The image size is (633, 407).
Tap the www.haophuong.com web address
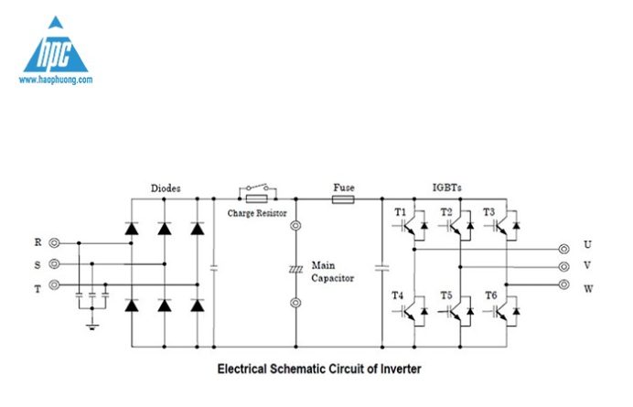(56, 80)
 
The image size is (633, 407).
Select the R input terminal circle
(54, 243)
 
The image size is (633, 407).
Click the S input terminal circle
(54, 264)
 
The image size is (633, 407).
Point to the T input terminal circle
(54, 284)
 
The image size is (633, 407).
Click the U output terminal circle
(564, 249)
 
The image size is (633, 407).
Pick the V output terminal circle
(564, 267)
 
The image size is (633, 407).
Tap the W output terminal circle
(564, 284)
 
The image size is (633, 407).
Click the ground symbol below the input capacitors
(92, 327)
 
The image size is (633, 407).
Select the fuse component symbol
(343, 199)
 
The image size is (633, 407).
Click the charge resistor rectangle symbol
(257, 199)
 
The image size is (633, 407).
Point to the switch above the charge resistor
(258, 187)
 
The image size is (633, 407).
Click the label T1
(400, 212)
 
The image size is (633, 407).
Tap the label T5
(446, 295)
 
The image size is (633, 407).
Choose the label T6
(491, 295)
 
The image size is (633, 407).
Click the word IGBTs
(447, 187)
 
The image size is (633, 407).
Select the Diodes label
(166, 188)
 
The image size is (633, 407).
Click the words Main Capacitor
(333, 272)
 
